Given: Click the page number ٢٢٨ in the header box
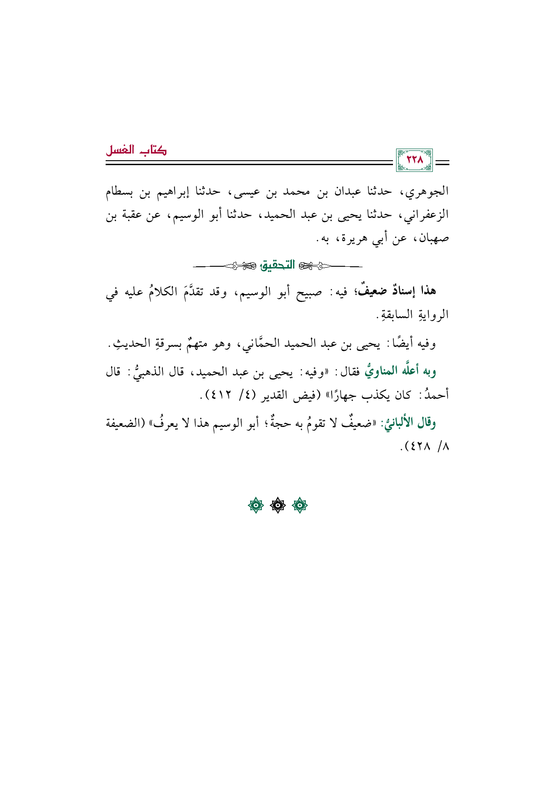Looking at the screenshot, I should (x=414, y=160).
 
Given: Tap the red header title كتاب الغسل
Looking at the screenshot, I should (x=136, y=150).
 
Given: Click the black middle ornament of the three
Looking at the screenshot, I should (x=278, y=506).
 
